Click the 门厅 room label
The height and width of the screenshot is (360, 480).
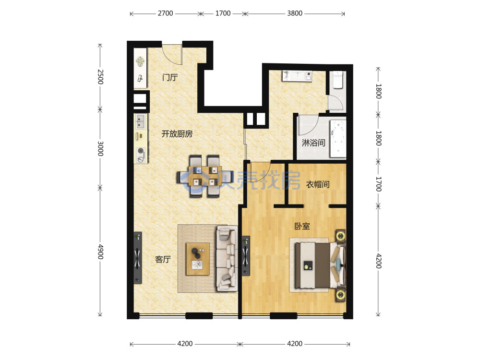170,77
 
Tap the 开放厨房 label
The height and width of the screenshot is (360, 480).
177,134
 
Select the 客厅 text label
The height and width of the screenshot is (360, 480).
163,259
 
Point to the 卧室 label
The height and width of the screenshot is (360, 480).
302,226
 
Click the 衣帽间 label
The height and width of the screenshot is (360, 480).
318,184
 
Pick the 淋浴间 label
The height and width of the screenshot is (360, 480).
313,143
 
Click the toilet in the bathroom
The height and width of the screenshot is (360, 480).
338,80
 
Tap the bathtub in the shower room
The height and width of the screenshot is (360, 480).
337,139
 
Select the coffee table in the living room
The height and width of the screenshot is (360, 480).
198,259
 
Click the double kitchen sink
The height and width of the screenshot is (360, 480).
141,121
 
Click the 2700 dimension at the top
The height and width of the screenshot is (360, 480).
165,13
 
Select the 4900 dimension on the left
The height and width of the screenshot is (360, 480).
100,252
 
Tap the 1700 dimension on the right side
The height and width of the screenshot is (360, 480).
379,184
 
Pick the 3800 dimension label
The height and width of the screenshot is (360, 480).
295,13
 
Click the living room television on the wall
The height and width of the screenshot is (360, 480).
138,257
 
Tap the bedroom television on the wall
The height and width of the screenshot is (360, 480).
245,256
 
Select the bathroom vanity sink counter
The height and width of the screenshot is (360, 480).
297,76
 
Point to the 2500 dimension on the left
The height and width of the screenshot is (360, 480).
100,77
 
